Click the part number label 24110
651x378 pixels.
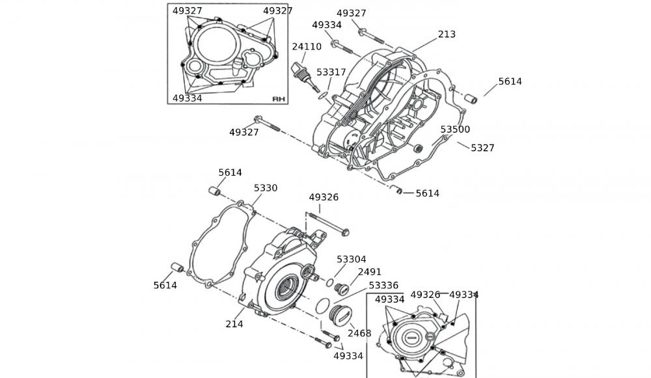point(306,47)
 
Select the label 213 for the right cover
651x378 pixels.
point(447,34)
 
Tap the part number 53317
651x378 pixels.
point(331,72)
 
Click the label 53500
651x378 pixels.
point(455,129)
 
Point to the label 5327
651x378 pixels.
point(482,148)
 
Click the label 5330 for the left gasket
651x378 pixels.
point(266,188)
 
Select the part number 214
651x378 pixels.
point(234,324)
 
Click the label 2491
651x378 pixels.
point(369,272)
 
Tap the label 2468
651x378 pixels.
point(359,333)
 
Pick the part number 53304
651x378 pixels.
point(352,260)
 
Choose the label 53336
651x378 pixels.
point(383,286)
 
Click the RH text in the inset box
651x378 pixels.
point(279,99)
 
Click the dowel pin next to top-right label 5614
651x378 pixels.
point(471,100)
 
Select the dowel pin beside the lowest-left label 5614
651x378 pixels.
point(175,268)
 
